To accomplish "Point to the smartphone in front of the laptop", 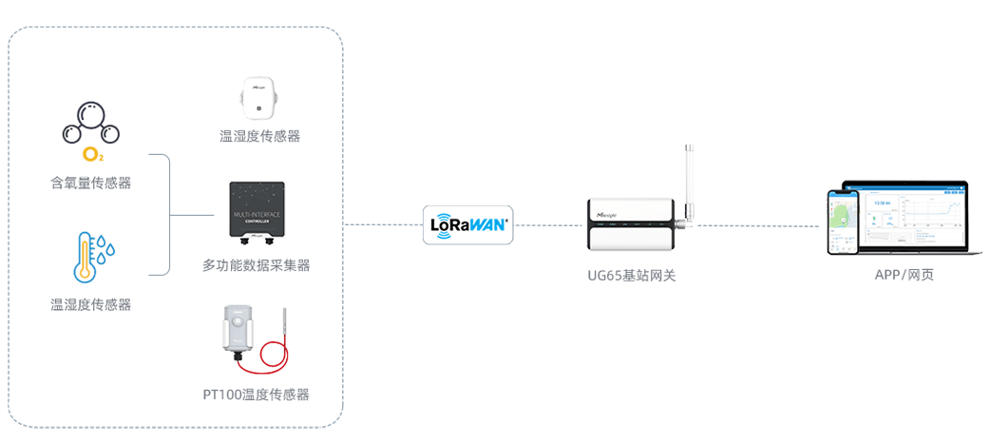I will click(842, 222).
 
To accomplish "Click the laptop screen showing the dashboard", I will click(907, 216).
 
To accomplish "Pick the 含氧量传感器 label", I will click(90, 183).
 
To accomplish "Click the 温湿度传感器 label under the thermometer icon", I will click(90, 304).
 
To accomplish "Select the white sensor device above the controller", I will click(257, 99).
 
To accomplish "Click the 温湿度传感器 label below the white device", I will click(259, 137).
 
